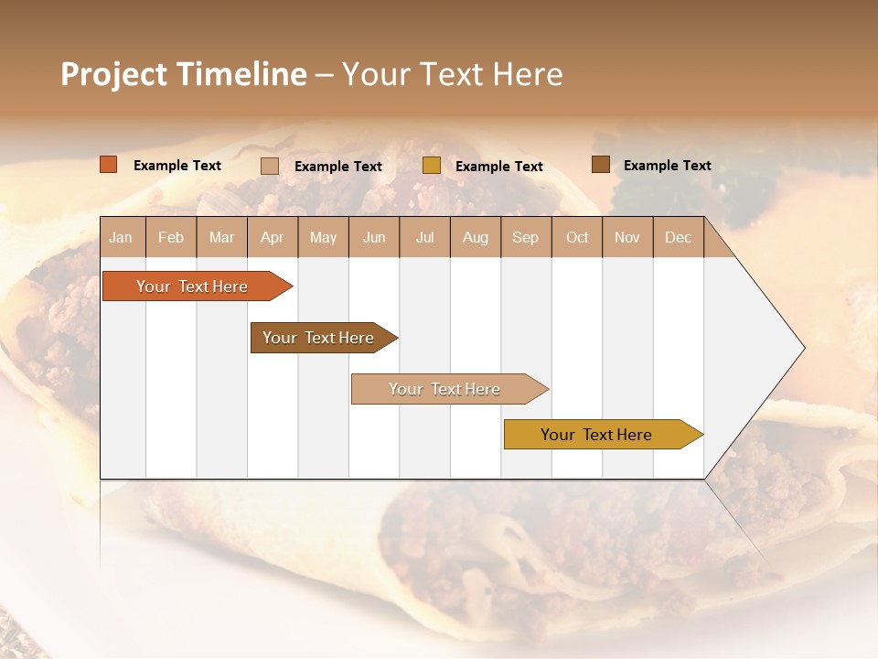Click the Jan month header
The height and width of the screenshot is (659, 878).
121,238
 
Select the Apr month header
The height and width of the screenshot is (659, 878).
273,238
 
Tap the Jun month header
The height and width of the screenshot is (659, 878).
374,238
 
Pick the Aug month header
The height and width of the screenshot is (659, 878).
476,238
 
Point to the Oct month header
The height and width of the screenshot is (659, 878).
577,238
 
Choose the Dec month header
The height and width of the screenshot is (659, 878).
679,238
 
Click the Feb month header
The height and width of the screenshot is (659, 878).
171,238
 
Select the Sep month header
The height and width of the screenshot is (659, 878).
526,238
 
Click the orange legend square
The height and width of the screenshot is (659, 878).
109,165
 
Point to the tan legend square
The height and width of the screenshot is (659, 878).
270,166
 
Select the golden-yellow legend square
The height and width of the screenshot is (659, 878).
432,166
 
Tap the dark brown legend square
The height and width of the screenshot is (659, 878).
601,165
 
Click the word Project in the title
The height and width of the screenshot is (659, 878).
113,74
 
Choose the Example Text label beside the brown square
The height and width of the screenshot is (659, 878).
667,166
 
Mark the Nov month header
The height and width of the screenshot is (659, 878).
627,238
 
